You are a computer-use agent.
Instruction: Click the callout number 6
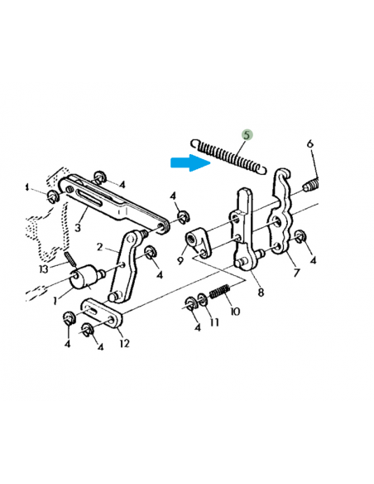tap(310, 143)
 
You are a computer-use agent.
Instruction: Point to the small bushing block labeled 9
tap(197, 241)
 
